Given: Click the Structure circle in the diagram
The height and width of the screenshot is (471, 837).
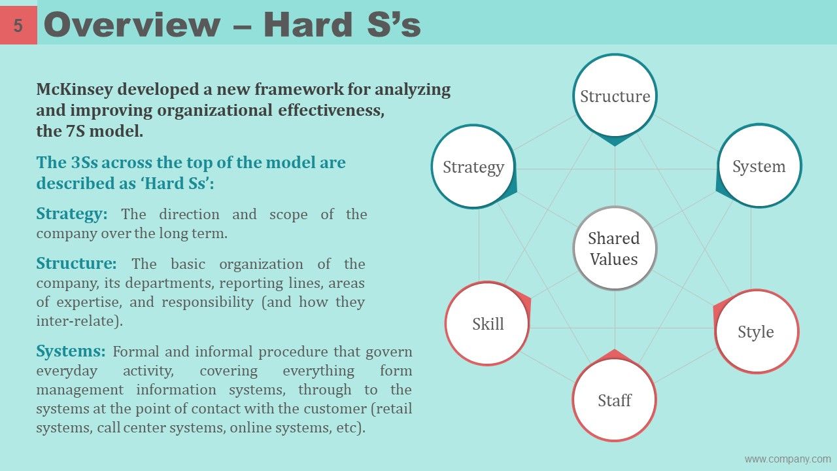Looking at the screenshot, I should (x=615, y=96).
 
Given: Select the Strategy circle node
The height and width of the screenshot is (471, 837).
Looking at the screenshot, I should (x=473, y=167).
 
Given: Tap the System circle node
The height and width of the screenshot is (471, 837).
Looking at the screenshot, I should (x=759, y=166).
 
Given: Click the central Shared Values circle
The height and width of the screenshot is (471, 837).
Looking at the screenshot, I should (x=614, y=249).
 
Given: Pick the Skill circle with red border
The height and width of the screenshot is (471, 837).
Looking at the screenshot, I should (x=488, y=324).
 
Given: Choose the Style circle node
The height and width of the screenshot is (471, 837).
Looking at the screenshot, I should (x=756, y=332).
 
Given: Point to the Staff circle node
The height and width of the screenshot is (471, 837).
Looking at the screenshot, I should (x=614, y=400).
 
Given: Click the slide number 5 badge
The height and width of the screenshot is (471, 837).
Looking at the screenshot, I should (x=18, y=26).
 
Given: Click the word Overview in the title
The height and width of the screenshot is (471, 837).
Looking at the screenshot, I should (x=131, y=25).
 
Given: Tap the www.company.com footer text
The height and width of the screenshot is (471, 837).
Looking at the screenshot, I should (x=787, y=459).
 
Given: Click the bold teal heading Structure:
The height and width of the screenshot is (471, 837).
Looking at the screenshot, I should (x=77, y=264).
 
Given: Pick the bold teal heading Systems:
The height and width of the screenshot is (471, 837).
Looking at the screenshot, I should (x=71, y=351).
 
